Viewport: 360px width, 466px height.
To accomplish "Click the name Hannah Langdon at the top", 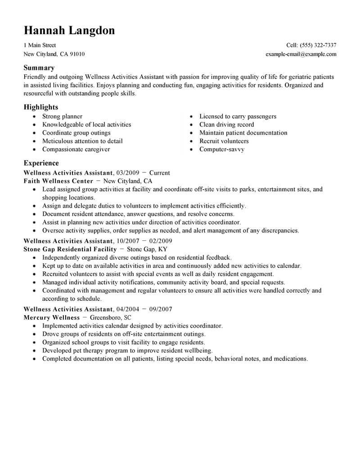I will (x=69, y=30).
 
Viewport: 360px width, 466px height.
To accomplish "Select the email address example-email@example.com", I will (x=301, y=54).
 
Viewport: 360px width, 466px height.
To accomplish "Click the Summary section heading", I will (x=39, y=68).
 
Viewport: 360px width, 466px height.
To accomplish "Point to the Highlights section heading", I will (x=41, y=107).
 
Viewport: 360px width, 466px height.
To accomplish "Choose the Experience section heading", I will (x=41, y=163).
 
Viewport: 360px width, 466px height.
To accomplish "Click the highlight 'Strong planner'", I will (x=62, y=117).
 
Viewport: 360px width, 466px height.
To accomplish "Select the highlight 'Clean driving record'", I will (x=226, y=125).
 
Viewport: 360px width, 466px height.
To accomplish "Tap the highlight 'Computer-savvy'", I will (x=222, y=149).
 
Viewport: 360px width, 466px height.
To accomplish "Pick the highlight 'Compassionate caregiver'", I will (x=76, y=149).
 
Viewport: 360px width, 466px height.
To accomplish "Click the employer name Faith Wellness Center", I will (x=58, y=181).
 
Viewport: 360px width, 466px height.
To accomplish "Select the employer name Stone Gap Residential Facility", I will (x=70, y=249).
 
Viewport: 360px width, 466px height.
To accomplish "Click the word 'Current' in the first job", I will (x=159, y=172).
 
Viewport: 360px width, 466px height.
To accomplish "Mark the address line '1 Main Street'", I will (x=40, y=45).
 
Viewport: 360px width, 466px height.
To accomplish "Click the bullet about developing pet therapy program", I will (x=127, y=350).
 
